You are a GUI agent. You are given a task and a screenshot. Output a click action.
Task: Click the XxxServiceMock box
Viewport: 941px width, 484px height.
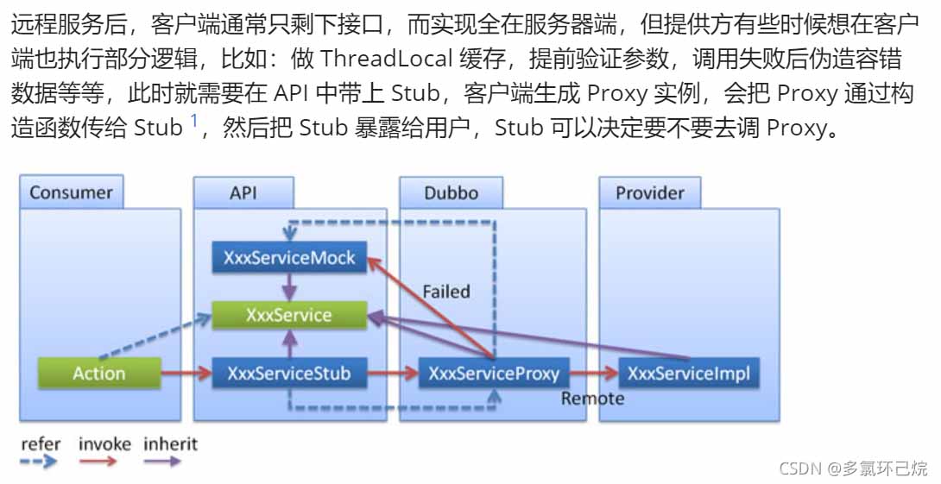[x=289, y=257]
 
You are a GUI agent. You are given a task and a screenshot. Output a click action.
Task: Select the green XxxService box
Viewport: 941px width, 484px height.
[x=289, y=315]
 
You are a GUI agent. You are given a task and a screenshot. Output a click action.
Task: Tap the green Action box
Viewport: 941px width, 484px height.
[x=99, y=374]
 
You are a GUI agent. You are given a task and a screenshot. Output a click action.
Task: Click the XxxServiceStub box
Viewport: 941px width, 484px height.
[x=289, y=374]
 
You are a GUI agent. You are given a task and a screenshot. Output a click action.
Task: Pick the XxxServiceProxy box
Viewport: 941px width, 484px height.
[x=494, y=374]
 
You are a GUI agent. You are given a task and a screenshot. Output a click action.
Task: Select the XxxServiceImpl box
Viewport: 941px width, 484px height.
[x=689, y=374]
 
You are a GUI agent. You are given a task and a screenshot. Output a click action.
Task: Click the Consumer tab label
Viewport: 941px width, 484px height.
[x=71, y=192]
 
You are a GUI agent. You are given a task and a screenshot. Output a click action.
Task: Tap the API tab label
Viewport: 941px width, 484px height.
[x=243, y=192]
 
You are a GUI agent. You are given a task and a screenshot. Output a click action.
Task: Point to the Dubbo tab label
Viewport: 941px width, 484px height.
[x=451, y=192]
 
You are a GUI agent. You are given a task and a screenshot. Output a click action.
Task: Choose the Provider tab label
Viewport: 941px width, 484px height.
[x=649, y=192]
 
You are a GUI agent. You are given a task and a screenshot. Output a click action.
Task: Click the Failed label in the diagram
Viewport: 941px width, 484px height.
[x=446, y=292]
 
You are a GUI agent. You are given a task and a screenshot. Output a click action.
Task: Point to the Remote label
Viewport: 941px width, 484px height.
[x=592, y=399]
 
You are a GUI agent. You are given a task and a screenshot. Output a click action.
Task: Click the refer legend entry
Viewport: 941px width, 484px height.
[x=41, y=445]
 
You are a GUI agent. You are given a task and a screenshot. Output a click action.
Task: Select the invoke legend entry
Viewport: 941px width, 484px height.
[x=104, y=445]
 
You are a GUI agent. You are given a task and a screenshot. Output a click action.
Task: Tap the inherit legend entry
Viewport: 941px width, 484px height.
[x=170, y=445]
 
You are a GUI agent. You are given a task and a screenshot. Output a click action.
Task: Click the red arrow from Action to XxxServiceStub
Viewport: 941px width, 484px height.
[x=186, y=374]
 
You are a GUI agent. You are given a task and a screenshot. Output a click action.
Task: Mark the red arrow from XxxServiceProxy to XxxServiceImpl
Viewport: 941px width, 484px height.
[x=594, y=374]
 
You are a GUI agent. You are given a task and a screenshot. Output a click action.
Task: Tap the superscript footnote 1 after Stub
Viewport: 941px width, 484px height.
[x=194, y=120]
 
